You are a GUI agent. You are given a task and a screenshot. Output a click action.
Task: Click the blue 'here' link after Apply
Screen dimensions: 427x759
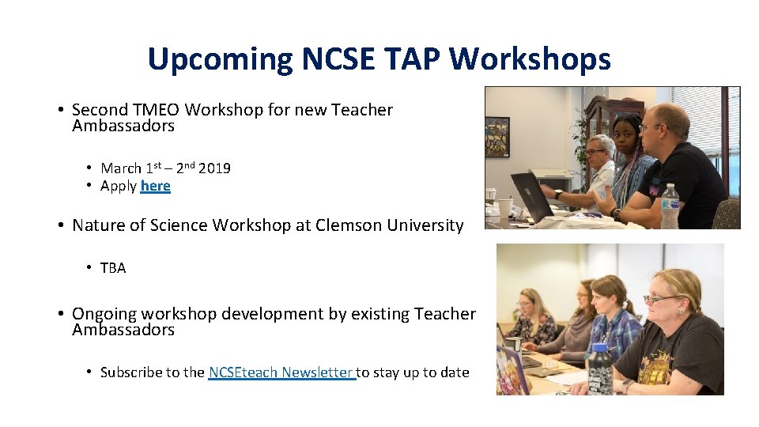155,186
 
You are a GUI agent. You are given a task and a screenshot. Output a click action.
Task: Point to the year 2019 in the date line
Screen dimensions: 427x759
214,168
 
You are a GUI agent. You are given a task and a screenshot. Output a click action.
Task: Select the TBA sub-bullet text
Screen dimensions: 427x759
113,268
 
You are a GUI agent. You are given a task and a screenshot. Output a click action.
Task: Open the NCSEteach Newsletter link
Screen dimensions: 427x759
281,372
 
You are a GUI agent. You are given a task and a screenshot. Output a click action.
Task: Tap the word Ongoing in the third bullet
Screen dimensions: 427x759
104,314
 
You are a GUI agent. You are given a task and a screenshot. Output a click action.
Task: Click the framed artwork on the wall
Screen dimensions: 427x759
497,137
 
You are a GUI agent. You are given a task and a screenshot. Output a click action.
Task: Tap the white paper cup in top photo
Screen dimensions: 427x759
504,208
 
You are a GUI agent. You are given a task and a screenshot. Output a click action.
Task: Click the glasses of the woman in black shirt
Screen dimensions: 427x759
658,299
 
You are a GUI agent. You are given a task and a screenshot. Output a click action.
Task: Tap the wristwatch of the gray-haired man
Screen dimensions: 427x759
558,194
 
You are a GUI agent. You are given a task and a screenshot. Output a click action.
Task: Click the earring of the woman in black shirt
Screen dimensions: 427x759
682,309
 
